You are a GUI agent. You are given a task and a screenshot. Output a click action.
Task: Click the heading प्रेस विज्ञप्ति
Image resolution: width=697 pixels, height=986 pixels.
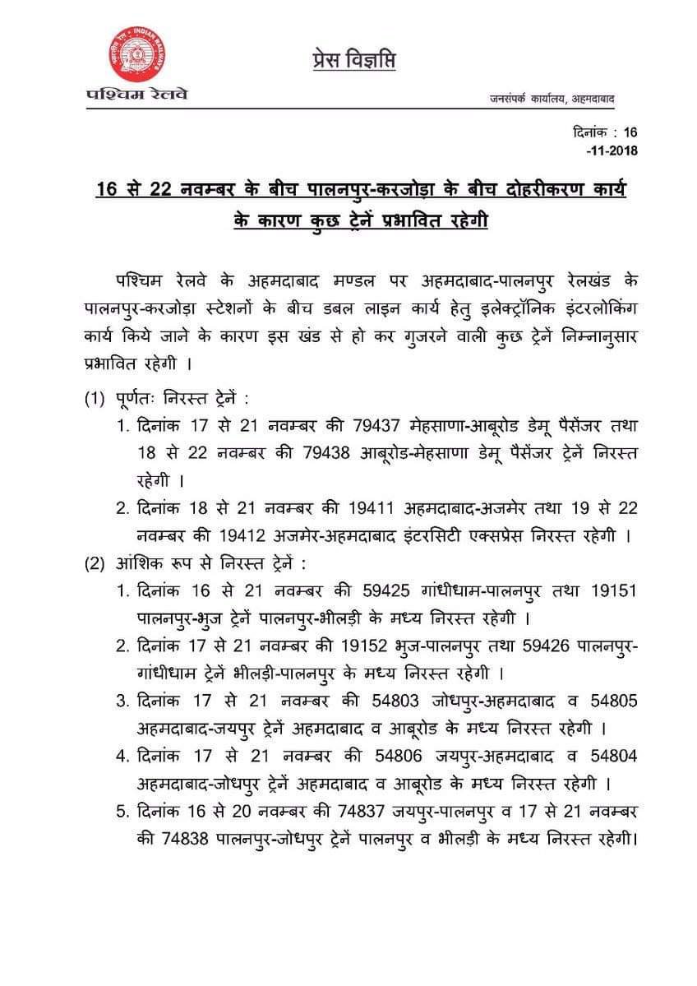click(354, 61)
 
